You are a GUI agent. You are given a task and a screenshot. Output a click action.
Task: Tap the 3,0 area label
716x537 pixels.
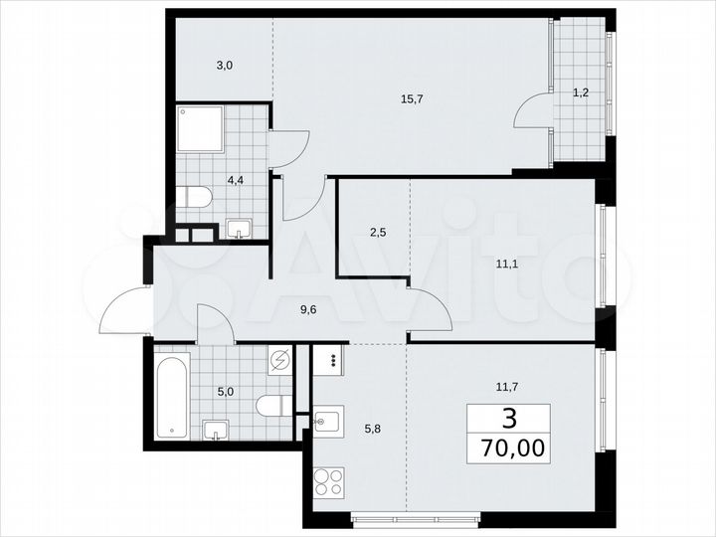point(225,66)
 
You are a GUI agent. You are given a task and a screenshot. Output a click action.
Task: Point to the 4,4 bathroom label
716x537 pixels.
point(236,180)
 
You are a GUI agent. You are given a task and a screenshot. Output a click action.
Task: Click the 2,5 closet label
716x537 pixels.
point(378,232)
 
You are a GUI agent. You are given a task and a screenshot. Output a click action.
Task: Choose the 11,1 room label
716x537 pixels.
point(508,264)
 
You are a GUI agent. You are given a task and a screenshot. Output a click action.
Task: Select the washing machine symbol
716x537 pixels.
point(280,359)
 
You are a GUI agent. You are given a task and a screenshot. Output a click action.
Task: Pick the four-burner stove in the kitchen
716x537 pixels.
point(328,487)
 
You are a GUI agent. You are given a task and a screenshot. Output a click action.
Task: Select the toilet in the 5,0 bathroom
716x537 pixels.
point(270,406)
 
